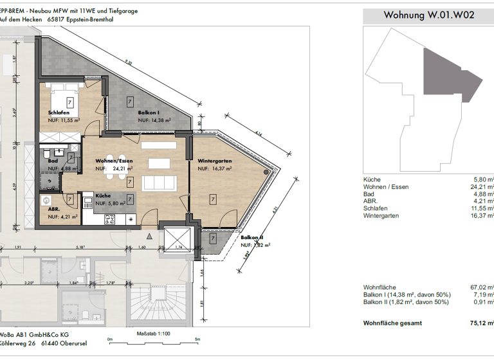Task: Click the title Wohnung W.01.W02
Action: pyautogui.click(x=428, y=15)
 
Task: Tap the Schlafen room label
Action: pyautogui.click(x=59, y=113)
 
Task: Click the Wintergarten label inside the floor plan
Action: pyautogui.click(x=215, y=161)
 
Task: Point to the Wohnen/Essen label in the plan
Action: pyautogui.click(x=113, y=161)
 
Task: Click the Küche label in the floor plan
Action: pyautogui.click(x=103, y=195)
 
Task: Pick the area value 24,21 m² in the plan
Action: pyautogui.click(x=122, y=168)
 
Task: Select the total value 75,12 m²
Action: pyautogui.click(x=482, y=324)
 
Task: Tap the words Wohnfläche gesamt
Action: pyautogui.click(x=394, y=324)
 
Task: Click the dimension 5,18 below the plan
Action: pyautogui.click(x=80, y=247)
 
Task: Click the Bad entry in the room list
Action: pyautogui.click(x=369, y=194)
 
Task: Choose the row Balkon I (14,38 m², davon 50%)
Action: pyautogui.click(x=407, y=294)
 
